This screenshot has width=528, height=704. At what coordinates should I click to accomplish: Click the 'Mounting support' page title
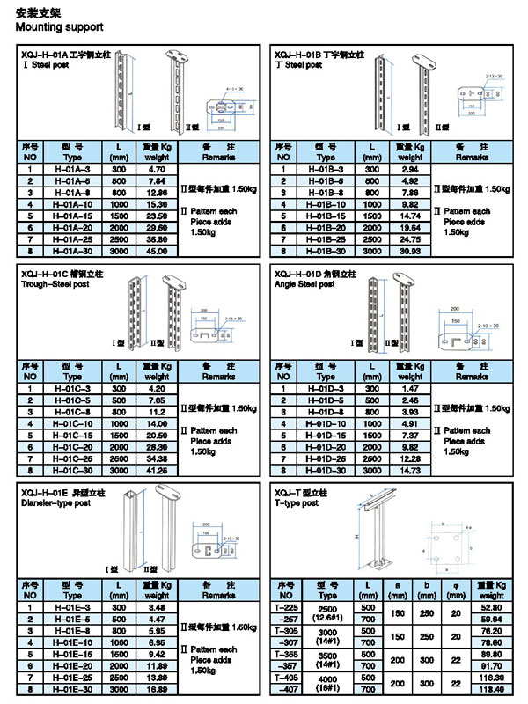pos(54,27)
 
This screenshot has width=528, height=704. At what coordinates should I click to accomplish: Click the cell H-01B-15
pos(326,216)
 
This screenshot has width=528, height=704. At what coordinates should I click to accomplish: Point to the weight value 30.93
pos(411,250)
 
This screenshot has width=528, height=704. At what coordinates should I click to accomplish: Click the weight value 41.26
pos(156,470)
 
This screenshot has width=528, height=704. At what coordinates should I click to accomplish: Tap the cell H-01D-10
pos(326,422)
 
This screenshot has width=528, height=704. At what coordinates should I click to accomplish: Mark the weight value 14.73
pos(411,470)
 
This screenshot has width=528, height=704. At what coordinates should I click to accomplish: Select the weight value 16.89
pos(157,689)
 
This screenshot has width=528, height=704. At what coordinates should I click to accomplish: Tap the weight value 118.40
pos(490,689)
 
